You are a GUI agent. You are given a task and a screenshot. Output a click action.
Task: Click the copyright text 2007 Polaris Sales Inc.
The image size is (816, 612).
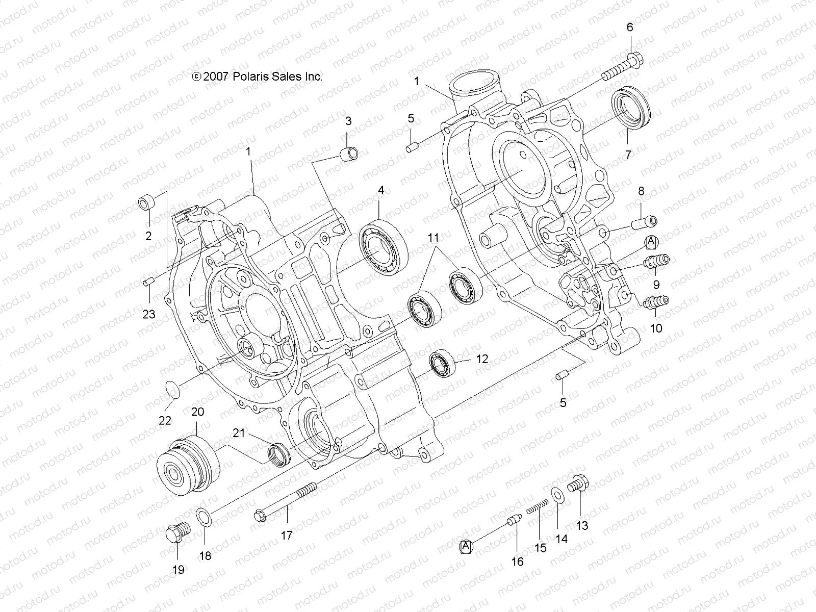pos(258,76)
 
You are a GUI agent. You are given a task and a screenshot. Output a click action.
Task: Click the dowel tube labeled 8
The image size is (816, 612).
pos(645,222)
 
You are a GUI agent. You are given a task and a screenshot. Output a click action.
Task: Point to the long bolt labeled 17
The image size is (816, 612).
pos(286,501)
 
